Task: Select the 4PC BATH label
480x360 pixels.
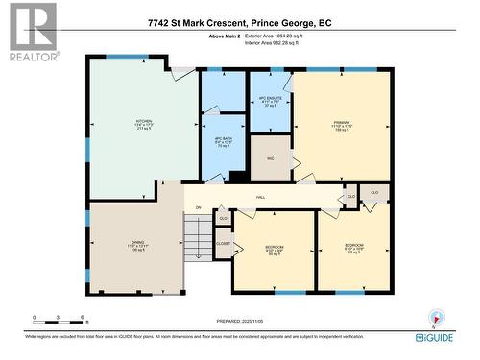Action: pyautogui.click(x=223, y=141)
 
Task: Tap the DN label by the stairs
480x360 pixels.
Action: pyautogui.click(x=199, y=207)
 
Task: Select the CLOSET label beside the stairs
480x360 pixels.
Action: pyautogui.click(x=223, y=245)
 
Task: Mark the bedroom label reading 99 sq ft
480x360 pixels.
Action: pyautogui.click(x=354, y=249)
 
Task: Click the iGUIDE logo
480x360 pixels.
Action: pyautogui.click(x=434, y=337)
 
